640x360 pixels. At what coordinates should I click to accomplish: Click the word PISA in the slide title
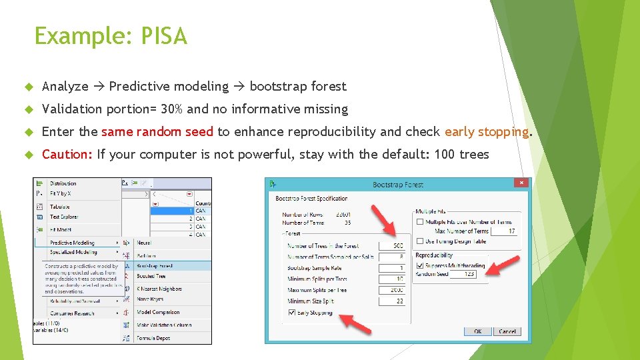[163, 36]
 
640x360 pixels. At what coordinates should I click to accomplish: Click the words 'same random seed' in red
[157, 131]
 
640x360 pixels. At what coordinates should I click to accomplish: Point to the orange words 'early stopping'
[487, 131]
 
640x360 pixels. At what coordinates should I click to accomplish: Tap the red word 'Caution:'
[67, 155]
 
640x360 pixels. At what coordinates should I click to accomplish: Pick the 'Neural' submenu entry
[144, 243]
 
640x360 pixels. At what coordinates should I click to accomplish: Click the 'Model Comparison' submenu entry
[157, 312]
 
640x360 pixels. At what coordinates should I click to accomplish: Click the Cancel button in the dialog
[507, 331]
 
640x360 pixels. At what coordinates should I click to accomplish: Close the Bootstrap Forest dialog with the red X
[521, 183]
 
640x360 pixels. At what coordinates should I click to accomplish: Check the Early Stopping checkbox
[291, 312]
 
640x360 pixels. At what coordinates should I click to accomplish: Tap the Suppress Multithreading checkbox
[419, 265]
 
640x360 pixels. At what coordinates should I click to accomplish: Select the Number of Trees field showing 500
[391, 246]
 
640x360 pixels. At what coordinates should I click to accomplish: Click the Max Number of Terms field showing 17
[503, 231]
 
